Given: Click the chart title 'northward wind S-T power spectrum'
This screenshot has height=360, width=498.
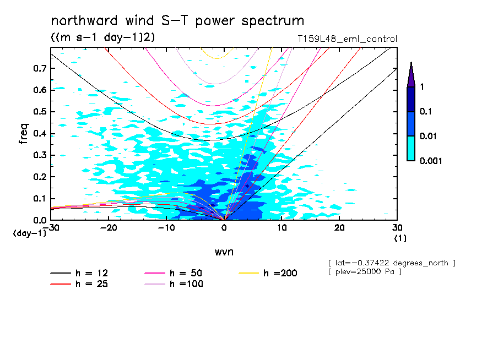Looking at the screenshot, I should [x=177, y=21].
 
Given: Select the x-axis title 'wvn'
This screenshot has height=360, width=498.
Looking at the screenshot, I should [x=224, y=252].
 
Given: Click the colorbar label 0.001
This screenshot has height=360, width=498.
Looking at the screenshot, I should [x=431, y=161].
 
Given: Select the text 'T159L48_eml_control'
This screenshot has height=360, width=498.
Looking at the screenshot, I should [x=347, y=39].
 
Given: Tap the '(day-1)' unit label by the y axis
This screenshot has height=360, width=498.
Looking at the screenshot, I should [x=29, y=233].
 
